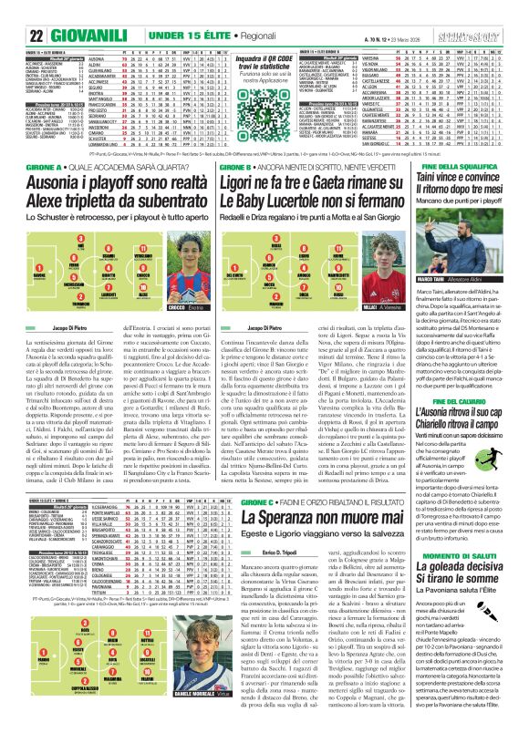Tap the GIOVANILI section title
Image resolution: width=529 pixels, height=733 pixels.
click(90, 36)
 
